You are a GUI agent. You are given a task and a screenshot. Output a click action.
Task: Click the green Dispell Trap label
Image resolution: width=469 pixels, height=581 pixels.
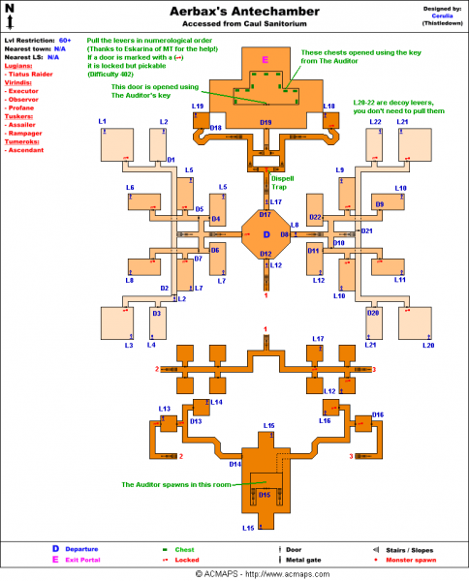coord(286,180)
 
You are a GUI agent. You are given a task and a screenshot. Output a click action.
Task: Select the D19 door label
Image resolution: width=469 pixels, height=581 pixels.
coord(266,122)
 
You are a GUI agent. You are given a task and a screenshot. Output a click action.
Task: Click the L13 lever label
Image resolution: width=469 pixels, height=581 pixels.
coord(165,409)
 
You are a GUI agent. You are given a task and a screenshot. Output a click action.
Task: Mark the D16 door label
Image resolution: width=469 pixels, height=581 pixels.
coord(378,414)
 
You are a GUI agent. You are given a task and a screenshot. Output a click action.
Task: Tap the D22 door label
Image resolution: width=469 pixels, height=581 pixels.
coord(316,218)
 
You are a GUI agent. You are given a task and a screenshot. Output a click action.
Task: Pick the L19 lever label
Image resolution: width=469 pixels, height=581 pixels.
coord(197,106)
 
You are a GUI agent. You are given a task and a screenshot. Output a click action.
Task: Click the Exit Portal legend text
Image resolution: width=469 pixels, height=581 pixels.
coord(84,560)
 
